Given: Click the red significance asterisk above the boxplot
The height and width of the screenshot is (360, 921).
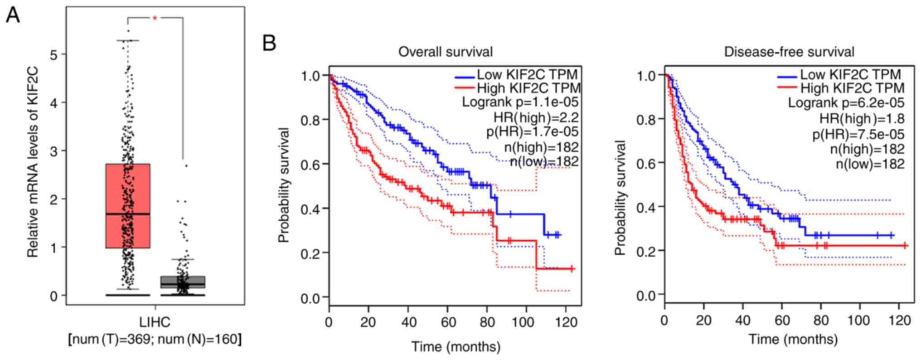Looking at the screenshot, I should (x=155, y=18).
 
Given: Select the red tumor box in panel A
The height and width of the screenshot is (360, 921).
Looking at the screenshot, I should (x=127, y=206).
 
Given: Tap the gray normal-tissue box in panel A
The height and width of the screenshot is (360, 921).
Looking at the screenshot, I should (x=183, y=282).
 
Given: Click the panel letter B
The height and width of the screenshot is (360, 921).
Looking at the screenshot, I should (x=269, y=44).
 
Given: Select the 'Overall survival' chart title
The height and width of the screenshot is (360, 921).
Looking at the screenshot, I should (x=446, y=52).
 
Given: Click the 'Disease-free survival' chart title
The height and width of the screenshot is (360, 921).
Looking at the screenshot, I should (x=789, y=52).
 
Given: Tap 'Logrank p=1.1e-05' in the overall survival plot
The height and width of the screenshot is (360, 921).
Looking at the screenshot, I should (x=520, y=102).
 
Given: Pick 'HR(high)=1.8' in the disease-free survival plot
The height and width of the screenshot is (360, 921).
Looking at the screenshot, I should (x=862, y=119).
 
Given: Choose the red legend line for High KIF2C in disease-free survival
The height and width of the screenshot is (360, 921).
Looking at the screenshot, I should (x=787, y=88).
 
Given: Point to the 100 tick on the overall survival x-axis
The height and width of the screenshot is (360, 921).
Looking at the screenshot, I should (x=526, y=322).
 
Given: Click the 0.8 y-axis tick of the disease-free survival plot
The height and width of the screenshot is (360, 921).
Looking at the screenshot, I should (x=646, y=120).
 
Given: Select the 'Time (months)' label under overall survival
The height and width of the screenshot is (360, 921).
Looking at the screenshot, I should (x=456, y=347).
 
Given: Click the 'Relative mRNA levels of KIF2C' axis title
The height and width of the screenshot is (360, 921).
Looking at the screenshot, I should (x=33, y=162).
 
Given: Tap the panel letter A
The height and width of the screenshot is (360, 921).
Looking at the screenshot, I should (x=13, y=16).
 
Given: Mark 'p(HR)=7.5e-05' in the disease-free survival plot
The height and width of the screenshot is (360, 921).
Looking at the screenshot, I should (x=858, y=134).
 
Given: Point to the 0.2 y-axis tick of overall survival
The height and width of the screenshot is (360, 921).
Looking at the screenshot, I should (x=310, y=253).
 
